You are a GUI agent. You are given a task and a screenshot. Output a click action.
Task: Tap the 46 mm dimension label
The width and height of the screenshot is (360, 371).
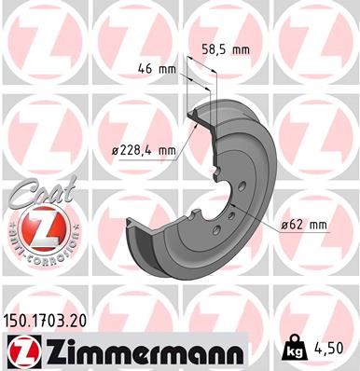coord(156,68)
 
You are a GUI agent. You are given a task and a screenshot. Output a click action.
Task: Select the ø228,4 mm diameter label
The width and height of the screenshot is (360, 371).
coord(143,150)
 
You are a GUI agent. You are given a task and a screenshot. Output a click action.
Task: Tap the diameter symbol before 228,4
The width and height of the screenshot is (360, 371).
coord(115,150)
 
